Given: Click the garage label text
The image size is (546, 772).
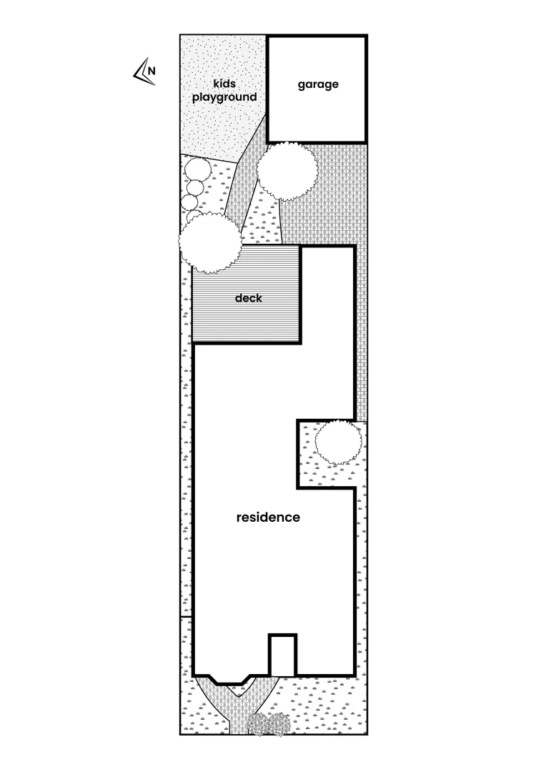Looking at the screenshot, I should [318, 84].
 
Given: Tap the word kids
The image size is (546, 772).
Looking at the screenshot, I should [224, 84].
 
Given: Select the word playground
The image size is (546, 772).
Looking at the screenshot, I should [224, 96].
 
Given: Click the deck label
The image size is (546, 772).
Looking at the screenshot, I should [249, 297].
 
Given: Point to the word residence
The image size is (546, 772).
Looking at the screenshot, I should [268, 517].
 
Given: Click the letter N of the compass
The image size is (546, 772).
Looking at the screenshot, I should [152, 70].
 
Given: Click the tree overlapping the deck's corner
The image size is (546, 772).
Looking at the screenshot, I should [209, 244].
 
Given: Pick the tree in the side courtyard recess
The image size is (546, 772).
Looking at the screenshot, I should [337, 442].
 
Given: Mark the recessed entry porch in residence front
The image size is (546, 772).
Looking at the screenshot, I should [282, 655].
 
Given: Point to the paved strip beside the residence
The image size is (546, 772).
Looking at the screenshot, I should [363, 322].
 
